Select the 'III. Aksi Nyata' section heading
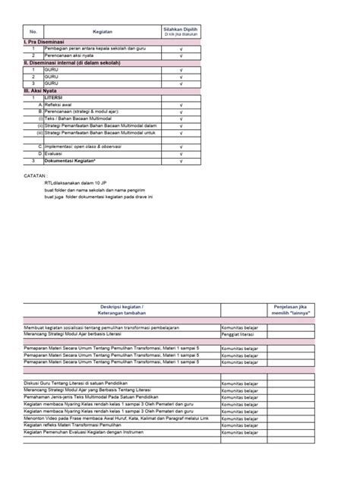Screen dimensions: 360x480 coord(41,90)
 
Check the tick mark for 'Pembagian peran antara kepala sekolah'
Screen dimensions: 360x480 coord(180,49)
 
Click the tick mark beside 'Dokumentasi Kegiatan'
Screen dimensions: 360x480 coord(180,160)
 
